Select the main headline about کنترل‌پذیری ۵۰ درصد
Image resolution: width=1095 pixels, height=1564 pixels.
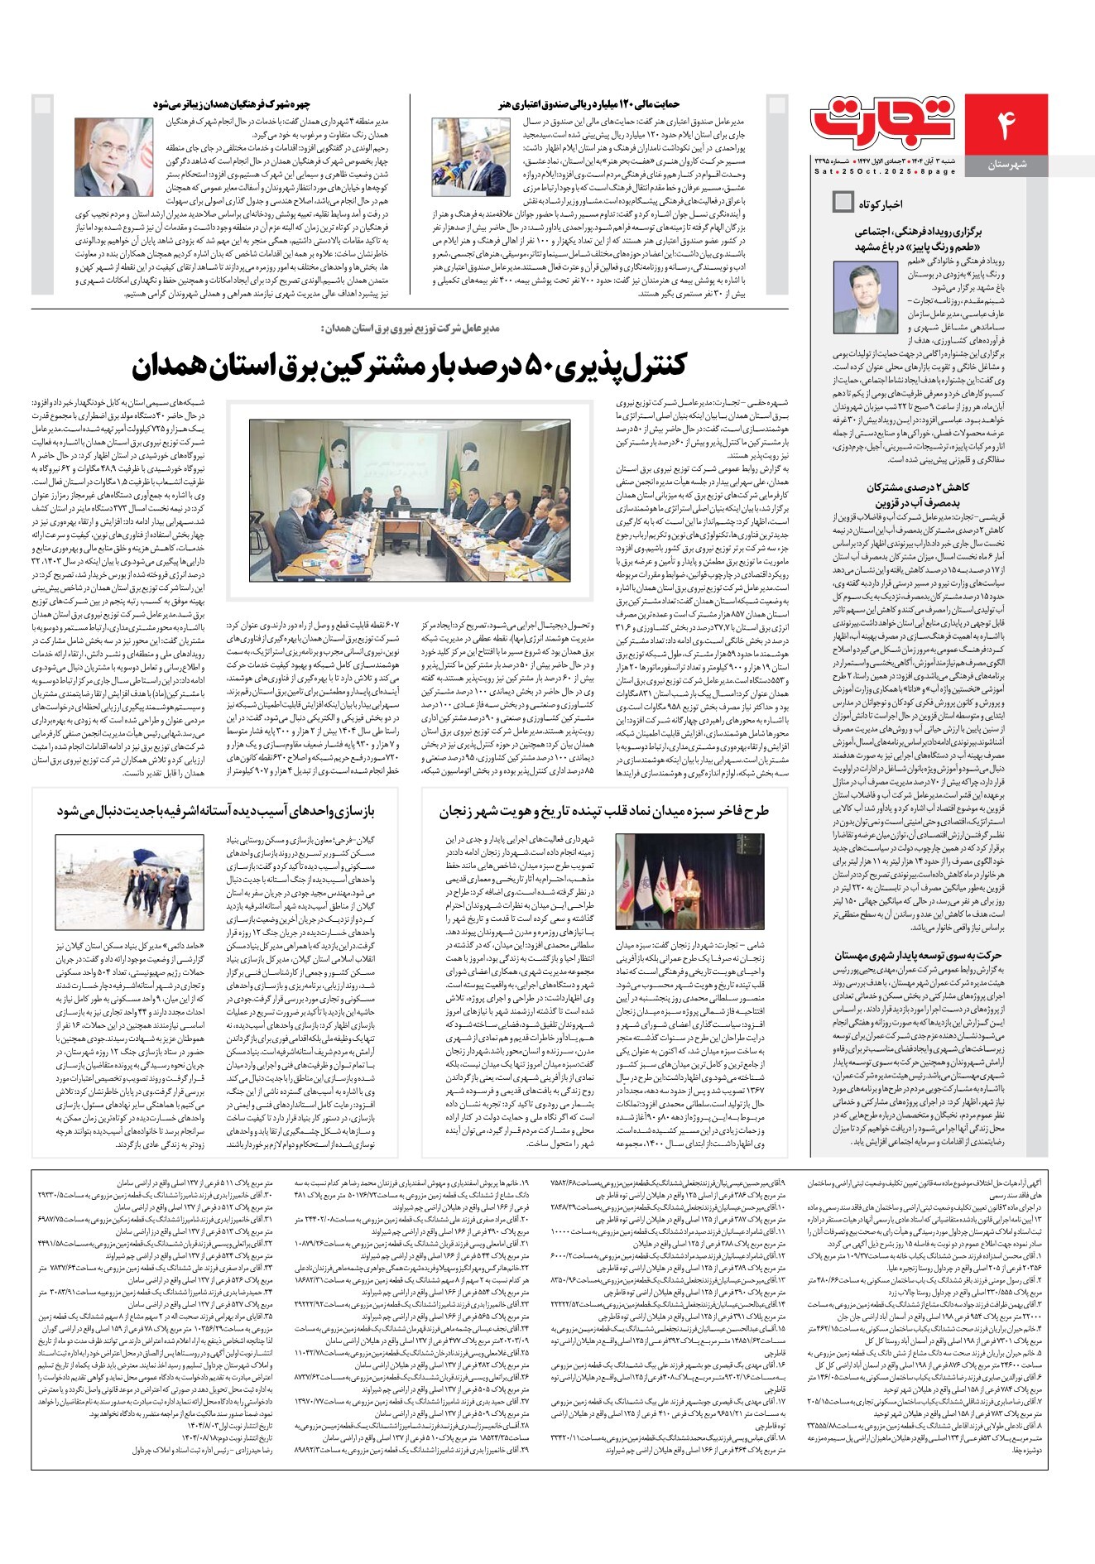click(409, 364)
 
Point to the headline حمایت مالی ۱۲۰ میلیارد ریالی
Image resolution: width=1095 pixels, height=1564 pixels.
click(589, 104)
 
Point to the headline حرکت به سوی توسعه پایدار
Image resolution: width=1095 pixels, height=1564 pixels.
click(918, 954)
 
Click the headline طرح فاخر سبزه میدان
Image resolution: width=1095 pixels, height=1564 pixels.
click(603, 812)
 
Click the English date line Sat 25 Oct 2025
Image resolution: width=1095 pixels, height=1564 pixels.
click(885, 172)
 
